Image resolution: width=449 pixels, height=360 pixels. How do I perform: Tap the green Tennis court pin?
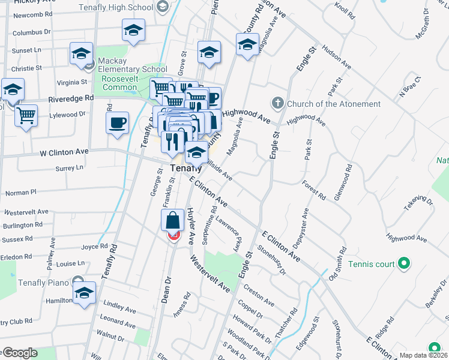pos(404,263)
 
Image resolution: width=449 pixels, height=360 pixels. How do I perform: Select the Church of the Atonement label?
pos(334,104)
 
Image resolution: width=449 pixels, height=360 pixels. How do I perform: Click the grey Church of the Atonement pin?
pos(277,103)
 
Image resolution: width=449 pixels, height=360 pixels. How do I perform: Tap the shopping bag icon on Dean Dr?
pos(173,220)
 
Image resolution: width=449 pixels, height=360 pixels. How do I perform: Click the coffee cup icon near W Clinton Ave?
pos(117,123)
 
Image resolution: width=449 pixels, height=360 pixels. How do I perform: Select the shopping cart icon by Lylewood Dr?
pos(26,115)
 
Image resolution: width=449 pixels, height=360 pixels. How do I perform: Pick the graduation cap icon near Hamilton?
pos(85,293)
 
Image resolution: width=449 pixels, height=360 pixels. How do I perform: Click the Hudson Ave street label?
pos(336,56)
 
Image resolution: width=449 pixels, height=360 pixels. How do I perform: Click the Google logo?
pos(19,353)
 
